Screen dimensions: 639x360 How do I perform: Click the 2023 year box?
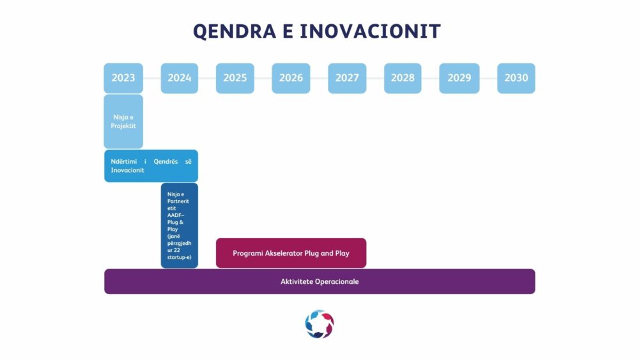pos(123,78)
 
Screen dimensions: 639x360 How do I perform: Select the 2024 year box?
pos(180,78)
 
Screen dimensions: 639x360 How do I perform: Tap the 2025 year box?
pos(235,78)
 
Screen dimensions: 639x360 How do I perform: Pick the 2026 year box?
pos(291,78)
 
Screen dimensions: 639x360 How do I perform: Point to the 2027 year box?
pos(347,78)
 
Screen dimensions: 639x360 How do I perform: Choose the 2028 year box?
pos(403,78)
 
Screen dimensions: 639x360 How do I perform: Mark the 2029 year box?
pos(459,78)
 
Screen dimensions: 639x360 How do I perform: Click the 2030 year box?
pos(516,78)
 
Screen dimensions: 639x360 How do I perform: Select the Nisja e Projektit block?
pos(123,121)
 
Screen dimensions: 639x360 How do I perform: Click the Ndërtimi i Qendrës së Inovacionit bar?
pos(151,166)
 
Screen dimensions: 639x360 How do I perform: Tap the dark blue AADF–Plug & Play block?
pos(180,226)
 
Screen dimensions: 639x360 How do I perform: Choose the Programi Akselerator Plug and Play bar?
pos(291,253)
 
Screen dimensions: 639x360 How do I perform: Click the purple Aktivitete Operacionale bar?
pos(320,281)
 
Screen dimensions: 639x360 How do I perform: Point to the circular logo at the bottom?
pos(319,324)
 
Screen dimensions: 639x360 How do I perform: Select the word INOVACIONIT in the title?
pos(370,31)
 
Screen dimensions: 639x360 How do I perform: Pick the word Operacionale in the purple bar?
pos(337,281)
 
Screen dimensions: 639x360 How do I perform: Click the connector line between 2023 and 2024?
pos(152,78)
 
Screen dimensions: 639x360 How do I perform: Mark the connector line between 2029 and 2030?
pos(488,78)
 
